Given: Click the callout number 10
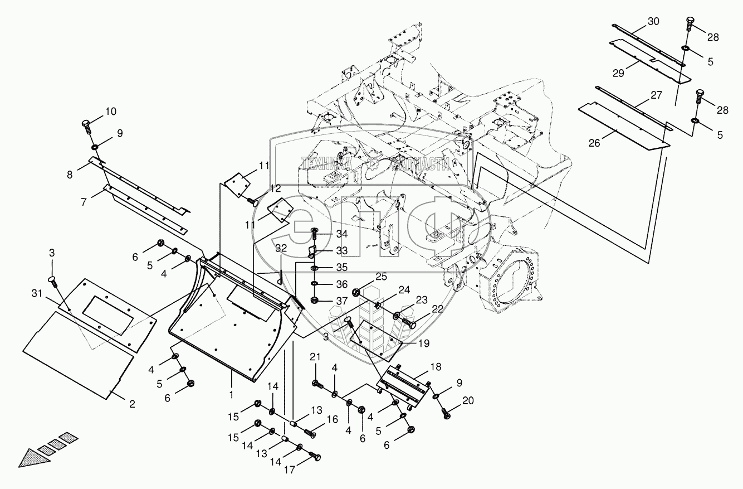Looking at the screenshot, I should [110, 112].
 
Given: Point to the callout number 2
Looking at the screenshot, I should [132, 404].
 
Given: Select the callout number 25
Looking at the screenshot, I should [380, 277].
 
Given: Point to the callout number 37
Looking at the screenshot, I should [341, 302].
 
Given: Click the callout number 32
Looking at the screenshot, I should [281, 248].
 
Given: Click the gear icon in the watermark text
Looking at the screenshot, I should [378, 163].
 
